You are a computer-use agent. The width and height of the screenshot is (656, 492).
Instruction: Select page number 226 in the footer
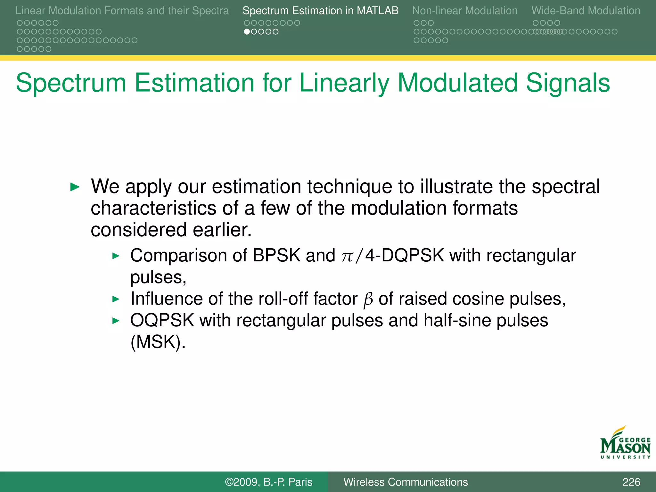631,482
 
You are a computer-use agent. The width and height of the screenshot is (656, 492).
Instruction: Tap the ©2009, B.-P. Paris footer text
268,482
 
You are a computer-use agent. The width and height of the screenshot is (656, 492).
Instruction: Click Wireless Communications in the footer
406,482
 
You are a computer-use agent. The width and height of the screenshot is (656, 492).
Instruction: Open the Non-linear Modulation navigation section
464,11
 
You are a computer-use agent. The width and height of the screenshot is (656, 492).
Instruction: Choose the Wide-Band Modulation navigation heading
586,11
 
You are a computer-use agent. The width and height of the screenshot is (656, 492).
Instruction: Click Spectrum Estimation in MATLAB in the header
320,11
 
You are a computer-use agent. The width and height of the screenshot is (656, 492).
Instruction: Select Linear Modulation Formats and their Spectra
122,11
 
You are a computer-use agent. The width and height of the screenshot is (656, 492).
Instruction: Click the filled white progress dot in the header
247,32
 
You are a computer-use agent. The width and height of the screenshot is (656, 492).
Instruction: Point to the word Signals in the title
568,83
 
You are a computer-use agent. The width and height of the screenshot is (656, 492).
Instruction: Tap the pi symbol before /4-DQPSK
347,256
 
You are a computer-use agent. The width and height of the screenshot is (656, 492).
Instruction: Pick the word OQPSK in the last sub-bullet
162,320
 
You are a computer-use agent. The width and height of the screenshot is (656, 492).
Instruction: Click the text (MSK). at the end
158,342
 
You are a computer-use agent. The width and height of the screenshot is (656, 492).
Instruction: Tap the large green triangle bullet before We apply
75,187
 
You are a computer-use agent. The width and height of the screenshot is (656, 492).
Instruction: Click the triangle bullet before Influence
116,299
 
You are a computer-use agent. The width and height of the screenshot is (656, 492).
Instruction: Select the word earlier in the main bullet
222,230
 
